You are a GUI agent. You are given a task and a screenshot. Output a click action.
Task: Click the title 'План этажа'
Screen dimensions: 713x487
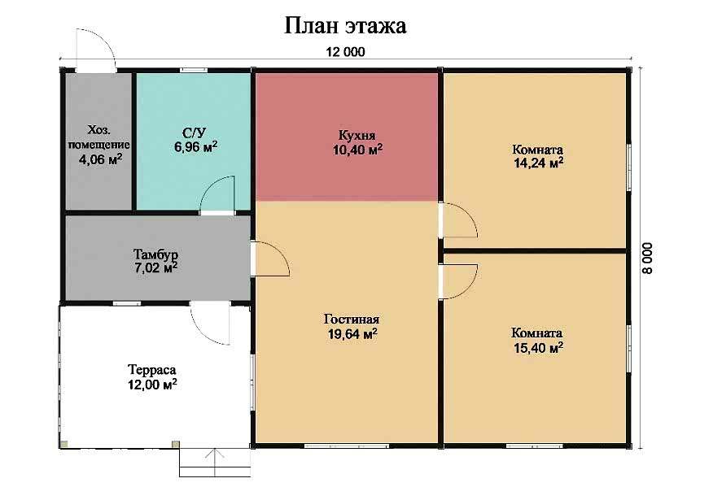click(x=345, y=26)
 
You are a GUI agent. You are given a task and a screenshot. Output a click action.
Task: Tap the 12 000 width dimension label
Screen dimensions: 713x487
click(x=345, y=52)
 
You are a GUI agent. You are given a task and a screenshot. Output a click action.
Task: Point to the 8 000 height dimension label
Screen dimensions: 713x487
click(x=647, y=258)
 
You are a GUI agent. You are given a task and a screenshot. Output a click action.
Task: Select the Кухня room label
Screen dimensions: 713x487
click(x=357, y=136)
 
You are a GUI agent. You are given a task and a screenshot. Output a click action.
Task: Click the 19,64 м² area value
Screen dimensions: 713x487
click(x=352, y=334)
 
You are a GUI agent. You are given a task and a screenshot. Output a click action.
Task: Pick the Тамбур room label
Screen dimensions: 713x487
click(x=155, y=254)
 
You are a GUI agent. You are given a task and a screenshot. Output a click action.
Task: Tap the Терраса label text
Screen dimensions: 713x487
click(x=152, y=370)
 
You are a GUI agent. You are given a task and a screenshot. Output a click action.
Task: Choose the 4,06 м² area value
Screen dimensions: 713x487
click(x=100, y=159)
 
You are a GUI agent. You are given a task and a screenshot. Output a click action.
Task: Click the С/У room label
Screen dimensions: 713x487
click(x=195, y=133)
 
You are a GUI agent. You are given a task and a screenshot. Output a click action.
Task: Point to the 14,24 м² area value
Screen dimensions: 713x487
click(x=538, y=163)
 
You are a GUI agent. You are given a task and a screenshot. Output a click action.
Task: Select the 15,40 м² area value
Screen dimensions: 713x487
click(x=538, y=349)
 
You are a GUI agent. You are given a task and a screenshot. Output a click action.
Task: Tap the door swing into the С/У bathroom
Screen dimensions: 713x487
click(x=217, y=195)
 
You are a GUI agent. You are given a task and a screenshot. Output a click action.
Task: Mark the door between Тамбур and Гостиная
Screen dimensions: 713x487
click(x=270, y=259)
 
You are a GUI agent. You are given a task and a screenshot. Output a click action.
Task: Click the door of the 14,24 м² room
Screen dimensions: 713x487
click(x=458, y=220)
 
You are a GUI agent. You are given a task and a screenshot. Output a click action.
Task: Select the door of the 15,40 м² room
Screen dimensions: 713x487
click(x=458, y=281)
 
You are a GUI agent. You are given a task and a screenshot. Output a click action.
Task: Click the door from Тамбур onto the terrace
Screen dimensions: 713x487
click(x=210, y=323)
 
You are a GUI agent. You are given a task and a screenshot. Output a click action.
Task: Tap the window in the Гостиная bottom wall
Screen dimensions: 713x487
click(x=347, y=446)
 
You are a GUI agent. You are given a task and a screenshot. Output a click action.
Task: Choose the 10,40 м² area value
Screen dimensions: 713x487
click(x=357, y=150)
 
